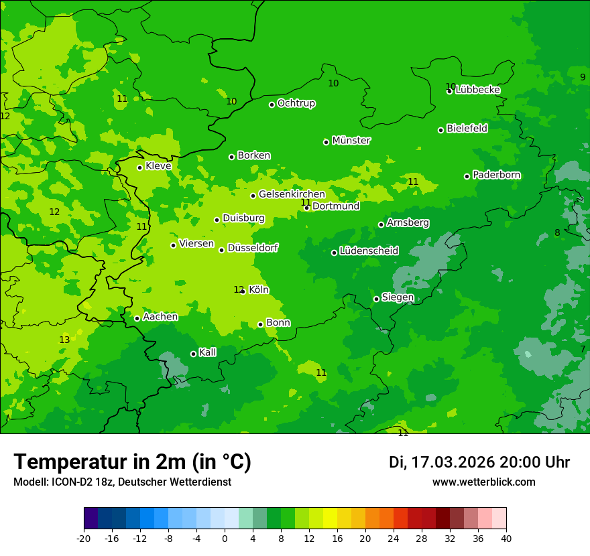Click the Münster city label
coord(351,141)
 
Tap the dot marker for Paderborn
coord(467,176)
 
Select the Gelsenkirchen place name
coord(292,194)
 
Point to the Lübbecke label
coord(477,90)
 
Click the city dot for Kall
coord(193,354)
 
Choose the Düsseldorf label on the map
coord(253,248)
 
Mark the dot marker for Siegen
coord(376,299)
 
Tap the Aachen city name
coord(160,317)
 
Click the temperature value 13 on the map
coord(64,340)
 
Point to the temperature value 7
coord(583,349)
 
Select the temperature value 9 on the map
coord(583,77)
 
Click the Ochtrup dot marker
coord(272,105)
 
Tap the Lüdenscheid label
coord(369,251)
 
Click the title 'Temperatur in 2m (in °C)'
coord(132,462)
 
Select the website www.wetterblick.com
coord(483,482)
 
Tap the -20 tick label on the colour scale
coord(84,539)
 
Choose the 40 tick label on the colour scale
coord(506,539)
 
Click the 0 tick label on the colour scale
coord(225,539)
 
